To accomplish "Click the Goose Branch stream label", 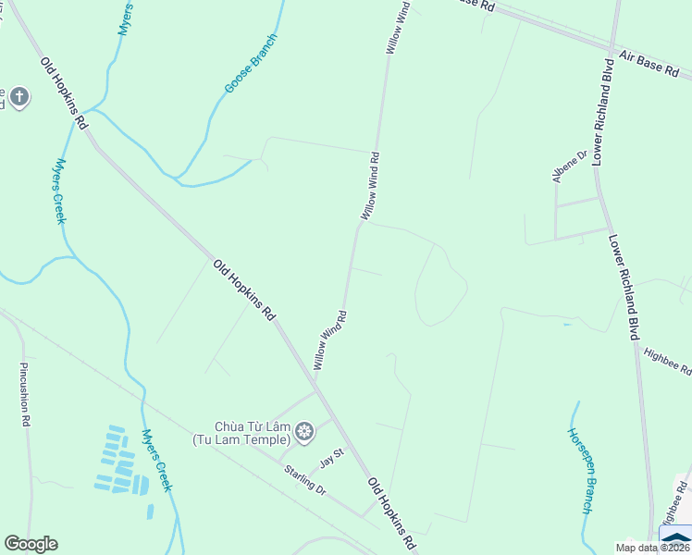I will [250, 64].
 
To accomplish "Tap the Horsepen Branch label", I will [579, 471].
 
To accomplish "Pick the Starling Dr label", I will [305, 479].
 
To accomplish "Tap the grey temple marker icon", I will [304, 431].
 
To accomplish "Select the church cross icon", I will [19, 97].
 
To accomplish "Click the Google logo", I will [31, 544].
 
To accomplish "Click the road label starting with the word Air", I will [655, 64].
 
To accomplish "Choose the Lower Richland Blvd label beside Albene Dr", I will [604, 113].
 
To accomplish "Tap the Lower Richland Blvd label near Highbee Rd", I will [624, 287].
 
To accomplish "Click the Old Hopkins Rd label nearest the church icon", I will [64, 93].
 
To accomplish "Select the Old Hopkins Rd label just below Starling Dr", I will [389, 514].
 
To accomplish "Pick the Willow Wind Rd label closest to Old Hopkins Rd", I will [329, 341].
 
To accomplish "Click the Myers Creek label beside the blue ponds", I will [156, 461].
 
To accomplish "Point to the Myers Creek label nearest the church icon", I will [59, 191].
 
